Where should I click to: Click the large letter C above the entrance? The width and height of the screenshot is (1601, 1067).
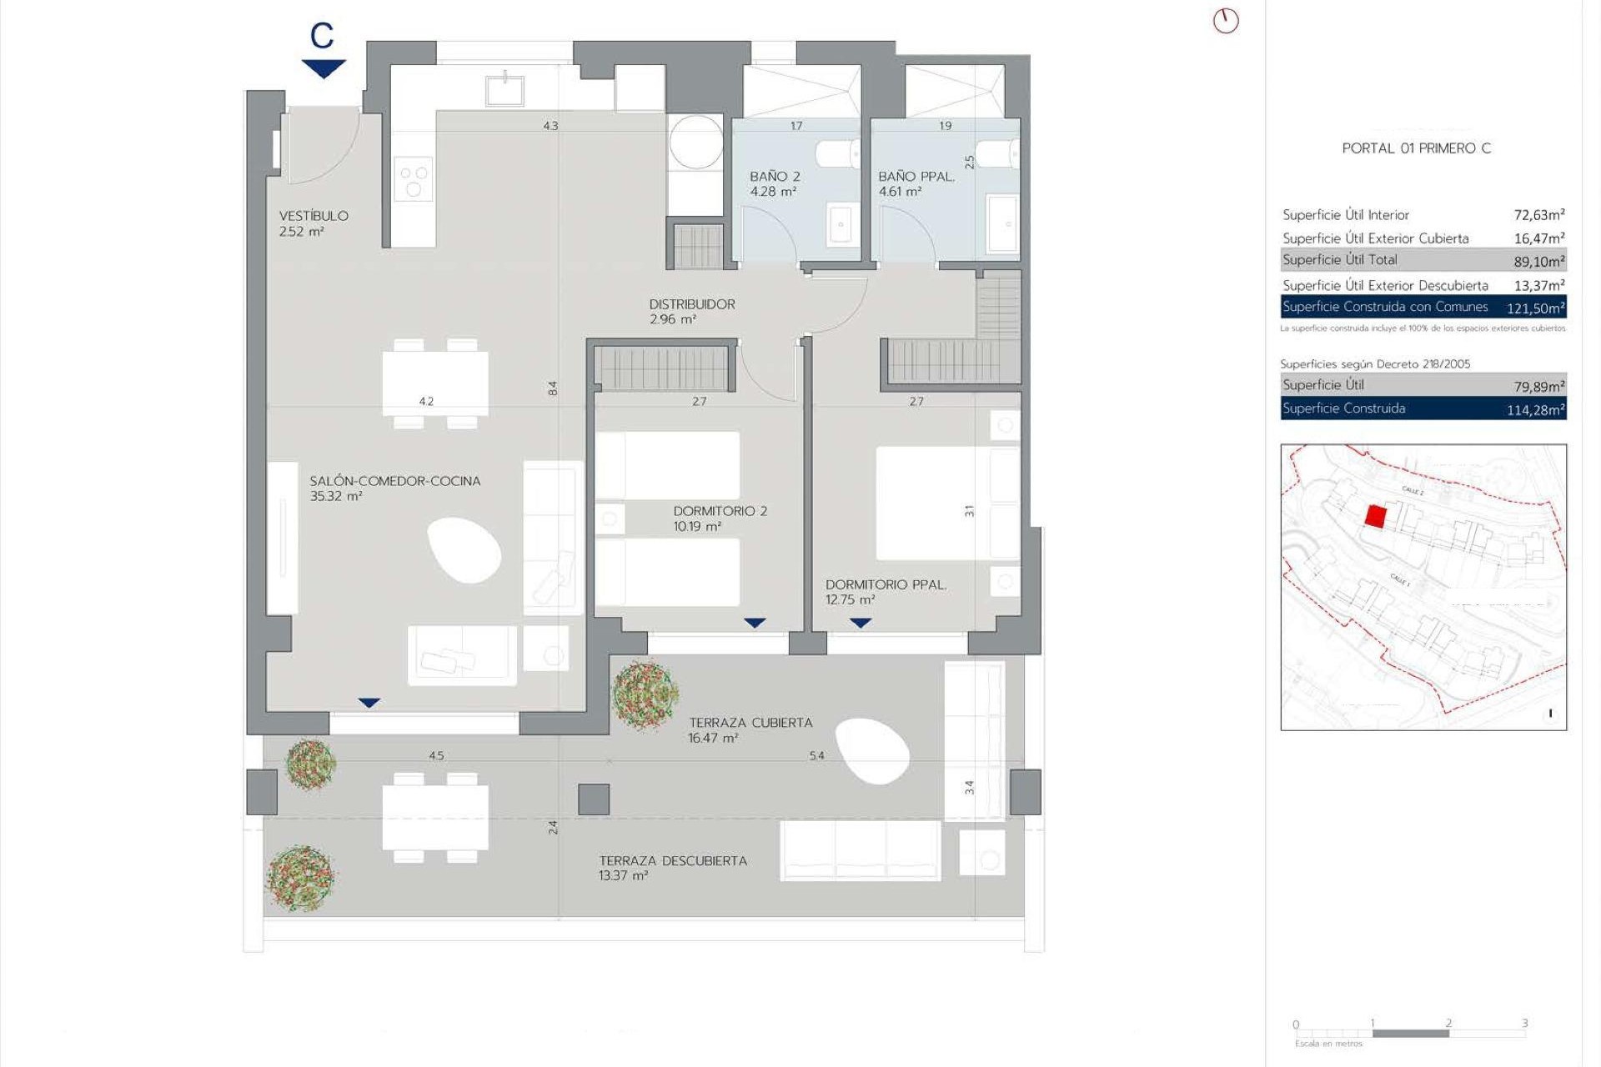[322, 36]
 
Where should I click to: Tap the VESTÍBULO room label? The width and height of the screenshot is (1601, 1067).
[314, 216]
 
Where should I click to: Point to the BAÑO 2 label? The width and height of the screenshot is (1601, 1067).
[775, 177]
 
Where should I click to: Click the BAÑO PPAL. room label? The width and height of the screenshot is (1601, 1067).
[916, 177]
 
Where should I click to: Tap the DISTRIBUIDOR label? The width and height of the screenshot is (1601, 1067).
[692, 304]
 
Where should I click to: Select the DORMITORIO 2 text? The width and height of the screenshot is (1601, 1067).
[720, 511]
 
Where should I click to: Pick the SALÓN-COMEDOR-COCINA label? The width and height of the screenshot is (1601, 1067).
[394, 481]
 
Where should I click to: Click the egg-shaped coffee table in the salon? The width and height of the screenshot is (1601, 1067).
[464, 549]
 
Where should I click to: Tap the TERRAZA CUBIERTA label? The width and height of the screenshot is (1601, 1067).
[750, 723]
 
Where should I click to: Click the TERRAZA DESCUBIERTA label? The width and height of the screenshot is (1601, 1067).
[672, 861]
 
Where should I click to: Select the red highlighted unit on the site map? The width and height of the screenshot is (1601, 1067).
[1375, 517]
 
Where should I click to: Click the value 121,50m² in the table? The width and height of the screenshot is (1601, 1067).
[1535, 308]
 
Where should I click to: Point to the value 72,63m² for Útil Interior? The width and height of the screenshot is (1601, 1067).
[1538, 215]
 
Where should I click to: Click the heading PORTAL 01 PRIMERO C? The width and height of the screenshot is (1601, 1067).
[1416, 148]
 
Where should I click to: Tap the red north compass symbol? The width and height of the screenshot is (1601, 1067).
[1225, 21]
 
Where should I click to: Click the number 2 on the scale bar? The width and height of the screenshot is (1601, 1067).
[1448, 1023]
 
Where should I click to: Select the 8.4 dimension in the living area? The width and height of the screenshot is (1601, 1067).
[552, 388]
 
